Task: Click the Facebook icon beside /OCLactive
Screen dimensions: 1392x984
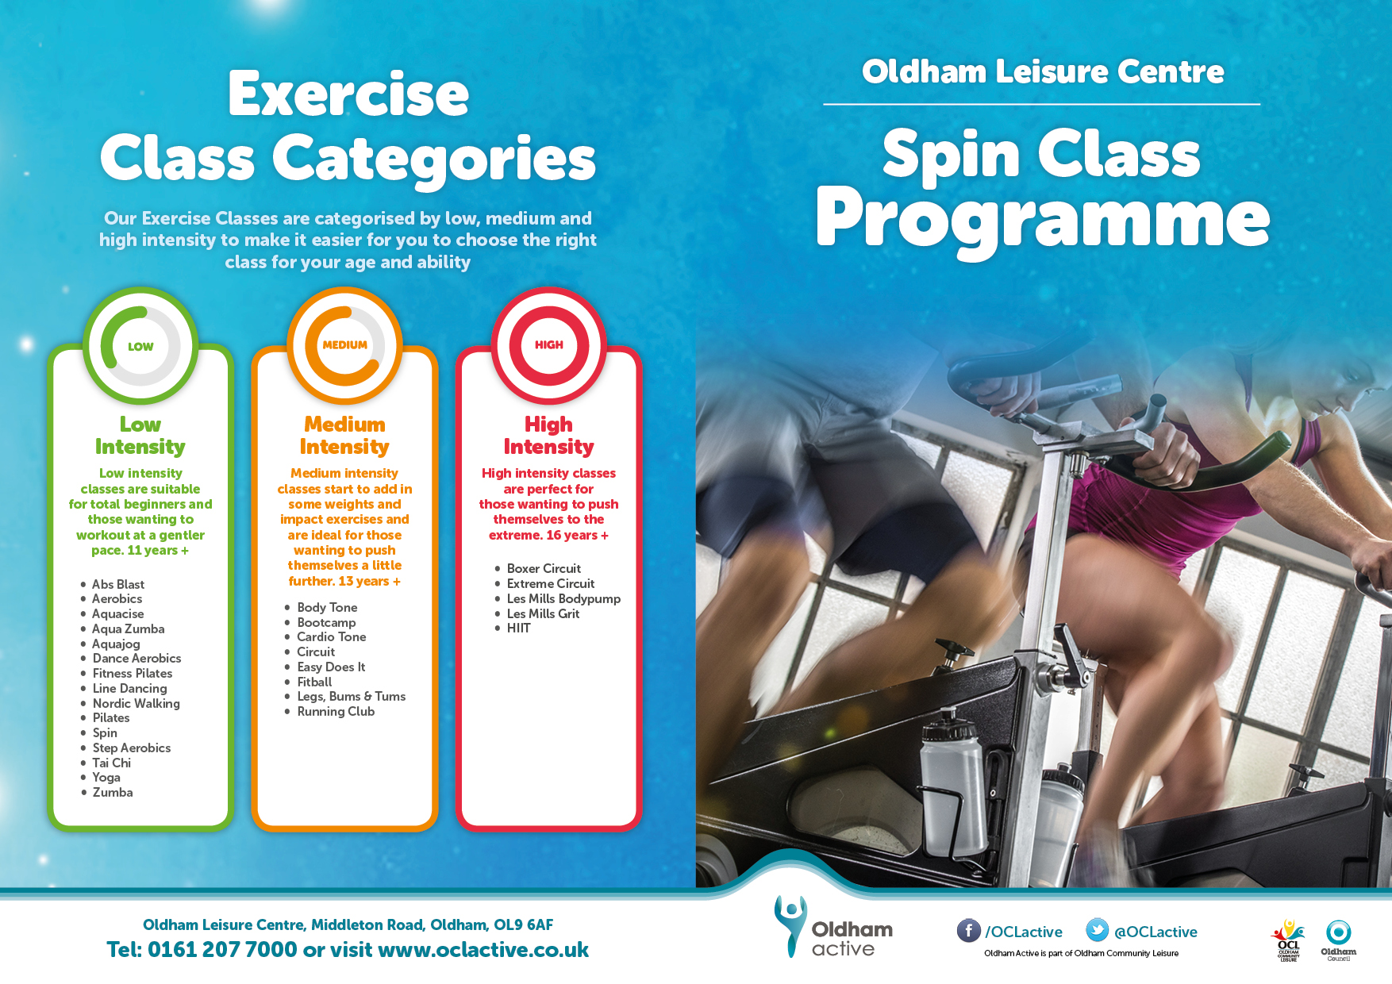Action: tap(968, 930)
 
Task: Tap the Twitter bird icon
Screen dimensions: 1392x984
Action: tap(1097, 930)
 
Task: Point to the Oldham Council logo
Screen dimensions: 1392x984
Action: tap(1338, 940)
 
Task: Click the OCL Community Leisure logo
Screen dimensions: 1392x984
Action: tap(1289, 940)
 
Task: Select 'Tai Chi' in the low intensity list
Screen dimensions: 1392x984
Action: tap(112, 763)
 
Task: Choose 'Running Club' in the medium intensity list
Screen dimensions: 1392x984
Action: tap(336, 711)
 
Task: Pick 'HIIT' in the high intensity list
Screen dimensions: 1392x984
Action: tap(519, 628)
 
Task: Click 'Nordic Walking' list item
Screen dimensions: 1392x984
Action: tap(137, 703)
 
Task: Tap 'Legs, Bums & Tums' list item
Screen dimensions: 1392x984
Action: tap(352, 696)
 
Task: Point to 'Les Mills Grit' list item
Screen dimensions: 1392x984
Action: tap(544, 613)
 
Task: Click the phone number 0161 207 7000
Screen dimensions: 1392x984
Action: tap(222, 949)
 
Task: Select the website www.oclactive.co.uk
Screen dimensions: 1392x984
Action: tap(483, 949)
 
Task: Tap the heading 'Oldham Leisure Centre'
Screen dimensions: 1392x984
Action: tap(1043, 71)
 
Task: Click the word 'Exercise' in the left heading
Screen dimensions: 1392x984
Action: tap(348, 94)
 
